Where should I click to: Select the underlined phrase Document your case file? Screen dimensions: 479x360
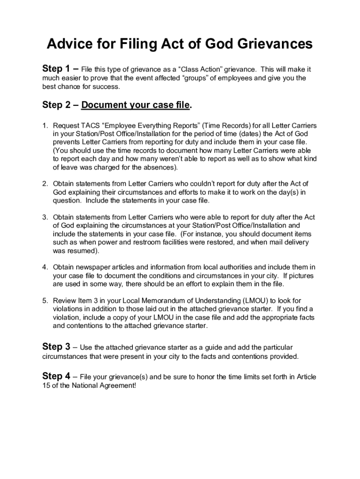pos(136,105)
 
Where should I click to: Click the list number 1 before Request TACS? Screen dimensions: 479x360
pos(45,126)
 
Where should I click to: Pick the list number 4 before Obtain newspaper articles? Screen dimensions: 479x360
pos(45,267)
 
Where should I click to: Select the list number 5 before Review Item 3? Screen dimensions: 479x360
pos(45,300)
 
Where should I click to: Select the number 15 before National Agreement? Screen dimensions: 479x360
pos(46,385)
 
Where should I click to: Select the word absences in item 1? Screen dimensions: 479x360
pos(159,167)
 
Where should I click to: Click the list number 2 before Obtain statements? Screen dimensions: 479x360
pos(45,184)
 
